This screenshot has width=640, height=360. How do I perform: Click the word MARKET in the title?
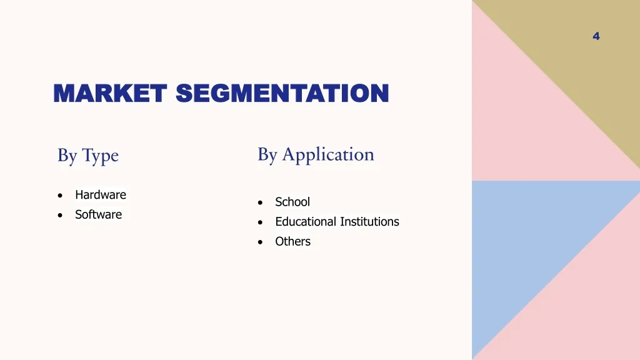[x=109, y=94]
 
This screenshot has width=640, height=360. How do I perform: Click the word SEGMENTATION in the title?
[x=282, y=94]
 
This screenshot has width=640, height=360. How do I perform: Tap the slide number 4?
[x=596, y=36]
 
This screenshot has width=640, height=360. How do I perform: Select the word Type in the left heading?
[x=100, y=156]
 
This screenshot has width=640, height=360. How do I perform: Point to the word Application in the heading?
[x=328, y=155]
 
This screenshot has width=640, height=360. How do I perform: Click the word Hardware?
[x=101, y=195]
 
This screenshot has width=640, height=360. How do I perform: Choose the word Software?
[x=98, y=214]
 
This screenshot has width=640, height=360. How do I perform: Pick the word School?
[x=292, y=202]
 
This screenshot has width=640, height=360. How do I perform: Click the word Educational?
[x=306, y=222]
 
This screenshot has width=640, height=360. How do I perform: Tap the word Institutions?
[x=369, y=222]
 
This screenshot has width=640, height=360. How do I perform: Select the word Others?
[x=292, y=241]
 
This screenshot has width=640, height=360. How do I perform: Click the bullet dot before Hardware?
[x=59, y=196]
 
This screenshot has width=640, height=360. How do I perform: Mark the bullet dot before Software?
[x=59, y=215]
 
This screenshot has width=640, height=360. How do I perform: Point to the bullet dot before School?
[x=260, y=202]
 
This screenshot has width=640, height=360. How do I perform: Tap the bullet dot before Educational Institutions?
[x=260, y=222]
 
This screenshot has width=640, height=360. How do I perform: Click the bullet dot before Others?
[x=260, y=242]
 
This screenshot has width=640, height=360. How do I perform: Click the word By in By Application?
[x=267, y=155]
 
